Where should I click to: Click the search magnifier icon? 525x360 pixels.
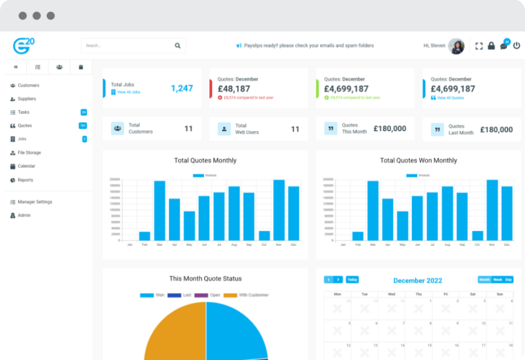tap(177, 46)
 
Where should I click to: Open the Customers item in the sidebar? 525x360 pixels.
tap(28, 85)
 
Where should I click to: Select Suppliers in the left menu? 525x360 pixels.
tap(27, 99)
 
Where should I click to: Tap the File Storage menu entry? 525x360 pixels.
tap(29, 152)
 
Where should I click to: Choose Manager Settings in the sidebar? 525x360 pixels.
tap(35, 202)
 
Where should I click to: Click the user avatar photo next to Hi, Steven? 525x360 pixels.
tap(457, 46)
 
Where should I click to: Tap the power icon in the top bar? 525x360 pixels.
tap(516, 46)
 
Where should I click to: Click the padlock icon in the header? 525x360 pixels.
tap(491, 46)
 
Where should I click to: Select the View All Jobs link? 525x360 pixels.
tap(129, 92)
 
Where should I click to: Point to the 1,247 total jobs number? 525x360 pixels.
tap(182, 88)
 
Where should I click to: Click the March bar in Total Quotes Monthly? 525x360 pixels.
tap(159, 210)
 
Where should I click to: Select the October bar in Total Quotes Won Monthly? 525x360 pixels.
tap(477, 235)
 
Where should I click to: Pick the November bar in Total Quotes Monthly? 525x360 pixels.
tap(279, 210)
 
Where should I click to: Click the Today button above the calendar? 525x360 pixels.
tap(352, 279)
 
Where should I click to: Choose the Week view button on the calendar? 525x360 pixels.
tap(498, 279)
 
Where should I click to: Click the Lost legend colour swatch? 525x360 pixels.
tap(174, 295)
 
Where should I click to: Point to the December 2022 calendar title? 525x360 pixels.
tap(417, 281)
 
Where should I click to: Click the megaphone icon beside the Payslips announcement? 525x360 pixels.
tap(239, 46)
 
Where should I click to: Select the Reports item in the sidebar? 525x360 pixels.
tap(25, 180)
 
